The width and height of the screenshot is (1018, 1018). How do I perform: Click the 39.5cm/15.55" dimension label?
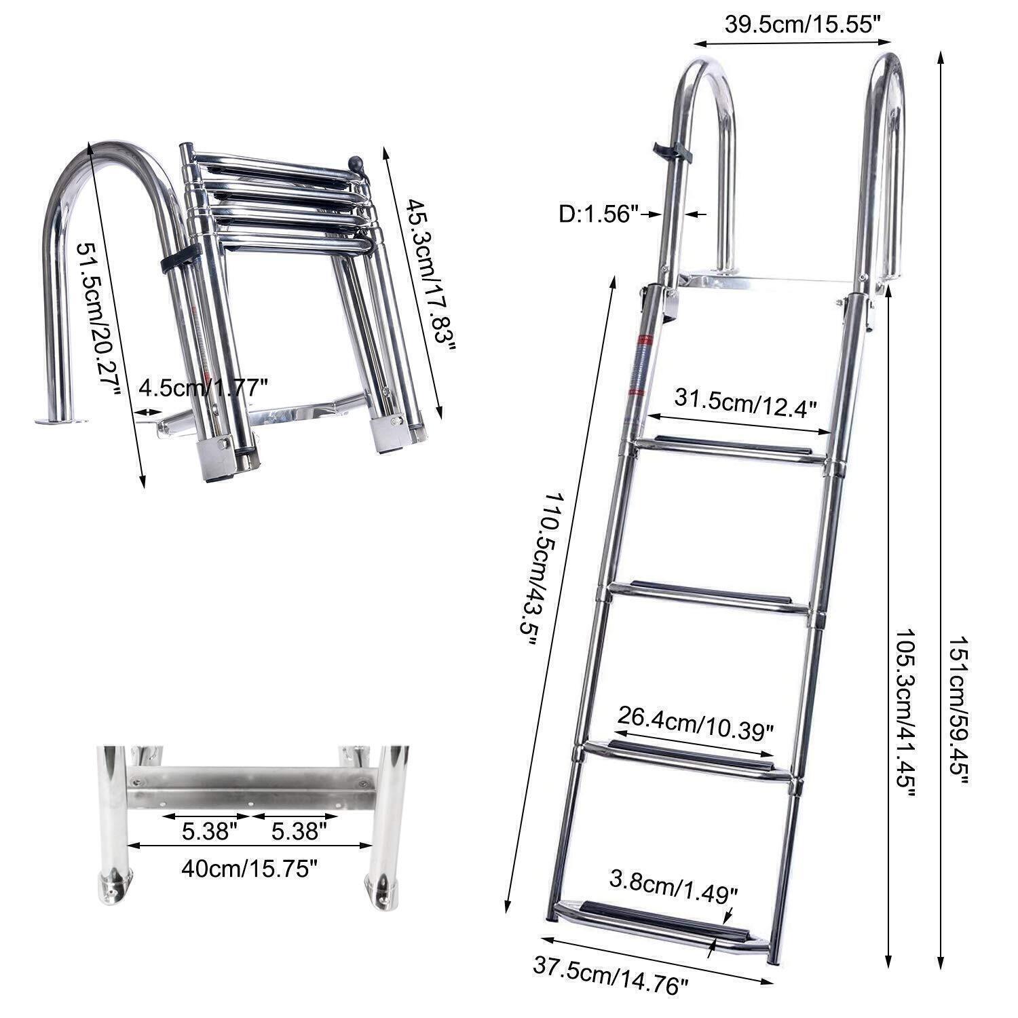pos(803,24)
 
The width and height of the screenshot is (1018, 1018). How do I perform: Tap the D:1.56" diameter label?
pos(599,215)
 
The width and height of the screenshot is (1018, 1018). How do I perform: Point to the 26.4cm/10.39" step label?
pos(696,720)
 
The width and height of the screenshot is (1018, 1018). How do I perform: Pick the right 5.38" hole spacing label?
pos(295,831)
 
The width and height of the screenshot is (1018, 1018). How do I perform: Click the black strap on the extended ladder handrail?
pos(673,153)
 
